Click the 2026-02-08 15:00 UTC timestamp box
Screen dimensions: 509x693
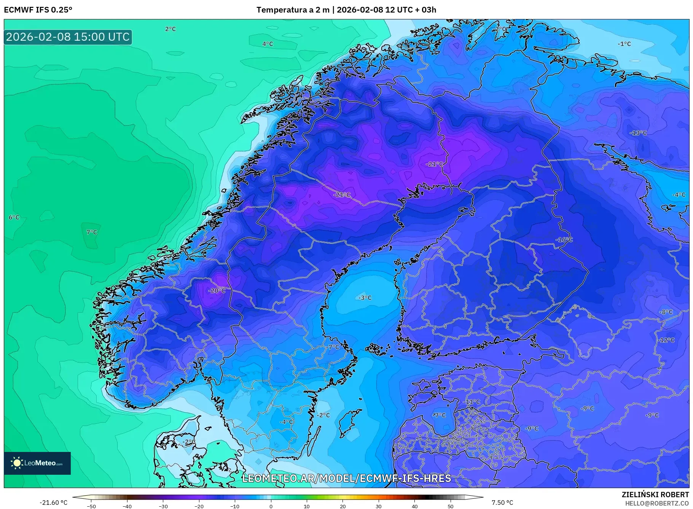pos(68,37)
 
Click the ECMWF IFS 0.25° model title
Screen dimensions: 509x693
pos(38,10)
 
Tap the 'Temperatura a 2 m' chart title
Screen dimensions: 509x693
pos(293,10)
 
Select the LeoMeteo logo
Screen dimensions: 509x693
pos(37,463)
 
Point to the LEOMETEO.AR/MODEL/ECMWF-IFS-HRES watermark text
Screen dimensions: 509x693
pos(346,478)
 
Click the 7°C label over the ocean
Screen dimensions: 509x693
pos(92,232)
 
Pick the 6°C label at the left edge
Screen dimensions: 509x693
pos(14,217)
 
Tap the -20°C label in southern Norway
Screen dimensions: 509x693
pos(217,290)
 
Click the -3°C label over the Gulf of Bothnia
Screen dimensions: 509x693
pos(365,297)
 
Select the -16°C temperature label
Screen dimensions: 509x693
pos(564,240)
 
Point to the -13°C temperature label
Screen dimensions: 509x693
pos(638,133)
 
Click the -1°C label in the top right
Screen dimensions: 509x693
pos(624,44)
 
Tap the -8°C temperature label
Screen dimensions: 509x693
pos(666,312)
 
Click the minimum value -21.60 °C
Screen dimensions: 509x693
pos(53,503)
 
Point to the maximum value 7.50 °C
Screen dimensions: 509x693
pos(502,503)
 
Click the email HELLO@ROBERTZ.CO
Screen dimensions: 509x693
pos(657,503)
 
